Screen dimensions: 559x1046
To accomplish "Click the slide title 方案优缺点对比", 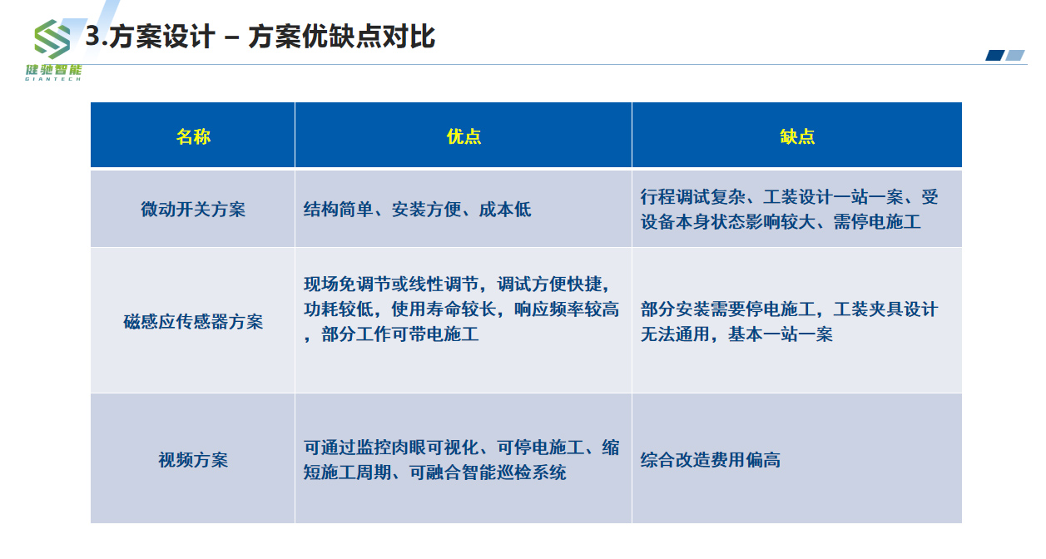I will (341, 37).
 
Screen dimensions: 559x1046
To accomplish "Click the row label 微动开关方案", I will (193, 210).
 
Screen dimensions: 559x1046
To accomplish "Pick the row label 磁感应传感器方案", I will (193, 322).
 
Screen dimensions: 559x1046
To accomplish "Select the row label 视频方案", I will (193, 460).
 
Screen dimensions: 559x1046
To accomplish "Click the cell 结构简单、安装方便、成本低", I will (417, 210).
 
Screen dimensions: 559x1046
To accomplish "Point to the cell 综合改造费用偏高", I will (710, 460).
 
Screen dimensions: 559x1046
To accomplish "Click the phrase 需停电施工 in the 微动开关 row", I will (877, 223).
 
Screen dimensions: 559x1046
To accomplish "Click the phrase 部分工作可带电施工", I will (400, 334).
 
